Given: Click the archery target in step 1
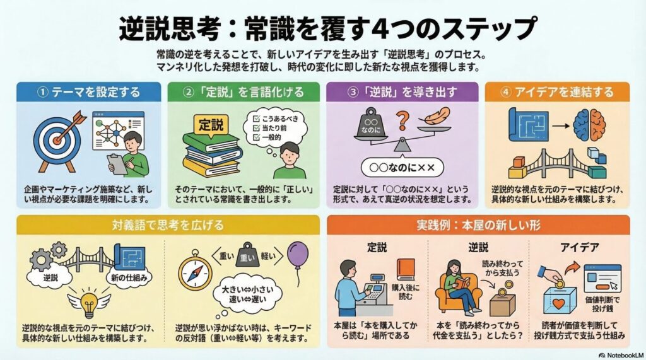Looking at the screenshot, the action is [56, 140].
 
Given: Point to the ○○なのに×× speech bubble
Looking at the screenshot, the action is [402, 168].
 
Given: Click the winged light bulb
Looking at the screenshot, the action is [89, 303].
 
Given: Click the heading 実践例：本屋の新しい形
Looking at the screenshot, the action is [478, 225].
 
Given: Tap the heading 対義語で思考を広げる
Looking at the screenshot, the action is [168, 225].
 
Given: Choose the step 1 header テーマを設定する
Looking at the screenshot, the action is [96, 92].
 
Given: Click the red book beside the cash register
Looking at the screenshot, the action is [406, 270].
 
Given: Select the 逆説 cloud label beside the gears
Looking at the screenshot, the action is [51, 277].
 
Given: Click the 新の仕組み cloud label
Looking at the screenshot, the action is [129, 277].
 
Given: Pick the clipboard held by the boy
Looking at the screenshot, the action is [118, 165].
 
